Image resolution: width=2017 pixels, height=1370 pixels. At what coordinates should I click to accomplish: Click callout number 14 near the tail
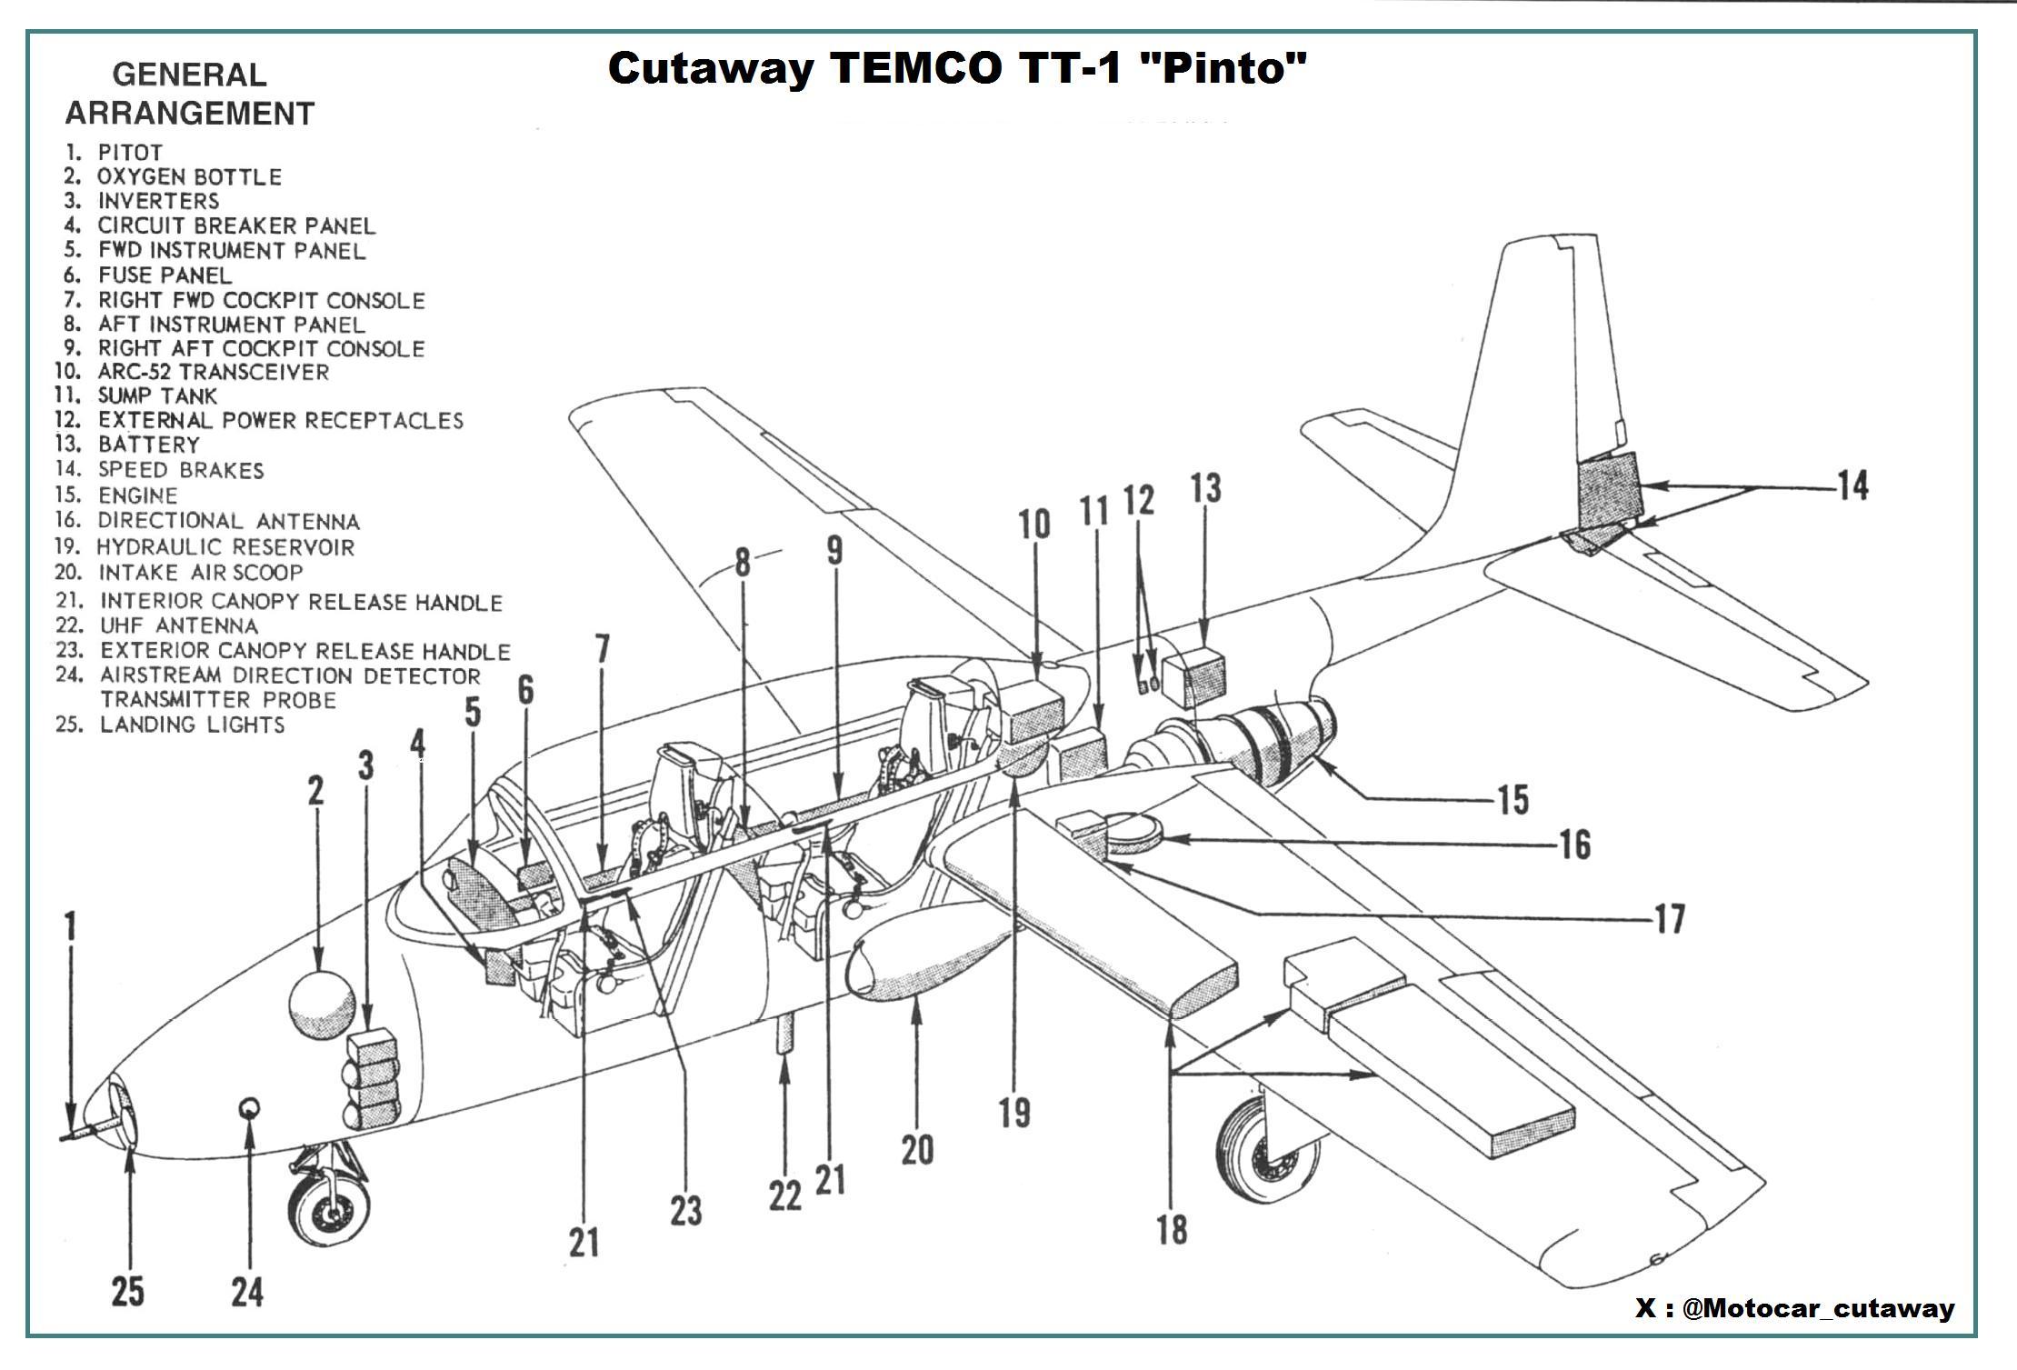tap(1852, 485)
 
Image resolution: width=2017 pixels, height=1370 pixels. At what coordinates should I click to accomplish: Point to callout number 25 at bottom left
tap(127, 1290)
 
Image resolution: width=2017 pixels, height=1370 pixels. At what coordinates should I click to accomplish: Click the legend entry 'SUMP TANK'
tap(157, 396)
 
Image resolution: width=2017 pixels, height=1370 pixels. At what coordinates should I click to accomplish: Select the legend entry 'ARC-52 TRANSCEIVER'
tap(213, 372)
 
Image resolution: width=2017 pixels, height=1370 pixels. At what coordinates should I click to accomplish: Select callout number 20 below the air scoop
tap(917, 1150)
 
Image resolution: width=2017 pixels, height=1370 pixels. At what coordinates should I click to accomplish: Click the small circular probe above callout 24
tap(248, 1107)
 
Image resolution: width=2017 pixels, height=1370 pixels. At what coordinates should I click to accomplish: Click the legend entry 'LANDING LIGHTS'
tap(192, 725)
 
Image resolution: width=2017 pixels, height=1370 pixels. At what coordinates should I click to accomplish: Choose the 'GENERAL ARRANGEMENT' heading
tap(190, 94)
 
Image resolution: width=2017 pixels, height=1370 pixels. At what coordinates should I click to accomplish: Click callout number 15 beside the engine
tap(1513, 800)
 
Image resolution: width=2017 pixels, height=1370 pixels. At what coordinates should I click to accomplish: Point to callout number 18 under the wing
tap(1172, 1230)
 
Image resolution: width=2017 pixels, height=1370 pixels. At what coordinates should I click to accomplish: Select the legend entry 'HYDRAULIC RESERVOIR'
tap(225, 547)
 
